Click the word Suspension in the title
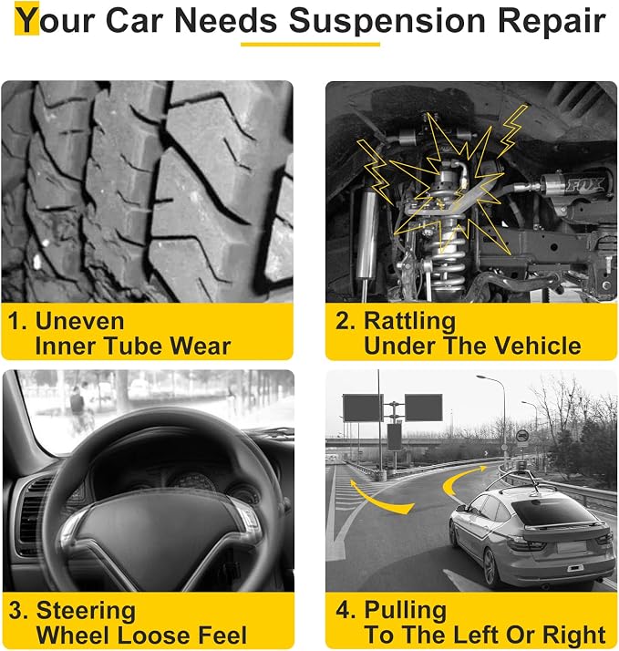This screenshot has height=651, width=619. point(387,21)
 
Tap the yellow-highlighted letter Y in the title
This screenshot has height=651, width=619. point(27,18)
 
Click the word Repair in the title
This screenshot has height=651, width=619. point(552,21)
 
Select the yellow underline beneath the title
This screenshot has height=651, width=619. point(310,44)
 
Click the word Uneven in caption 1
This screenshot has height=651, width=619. point(79,321)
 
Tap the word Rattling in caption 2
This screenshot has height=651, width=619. point(409,322)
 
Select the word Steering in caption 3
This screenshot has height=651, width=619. point(86,612)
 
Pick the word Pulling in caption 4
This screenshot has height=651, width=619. point(405,611)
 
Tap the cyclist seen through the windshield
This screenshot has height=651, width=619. point(79,409)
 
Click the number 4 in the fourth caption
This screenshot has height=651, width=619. point(344,611)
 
